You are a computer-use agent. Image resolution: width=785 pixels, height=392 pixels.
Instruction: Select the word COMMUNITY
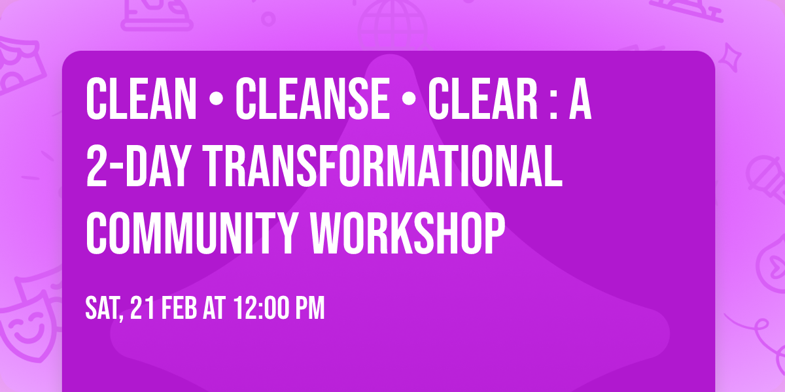coord(187,231)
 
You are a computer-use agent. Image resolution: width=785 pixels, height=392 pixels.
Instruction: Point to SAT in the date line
coord(103,308)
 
